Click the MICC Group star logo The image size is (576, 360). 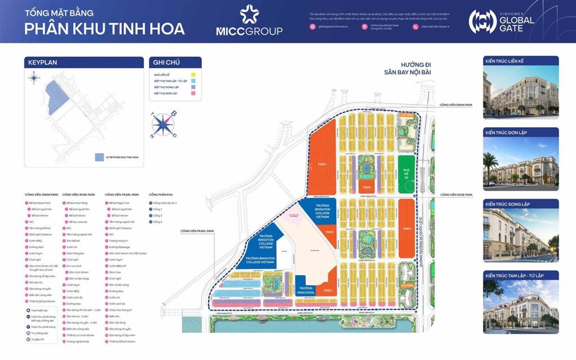(x=249, y=13)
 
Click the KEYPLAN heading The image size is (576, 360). (x=43, y=62)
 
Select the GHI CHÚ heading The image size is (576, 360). (x=164, y=62)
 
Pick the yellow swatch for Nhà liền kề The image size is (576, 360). (x=192, y=74)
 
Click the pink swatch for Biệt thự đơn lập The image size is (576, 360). (x=192, y=94)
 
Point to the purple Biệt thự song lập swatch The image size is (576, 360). (x=192, y=88)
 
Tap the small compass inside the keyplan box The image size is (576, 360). (x=34, y=78)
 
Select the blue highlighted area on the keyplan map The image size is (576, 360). (x=57, y=97)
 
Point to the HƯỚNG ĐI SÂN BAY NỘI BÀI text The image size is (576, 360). (x=408, y=69)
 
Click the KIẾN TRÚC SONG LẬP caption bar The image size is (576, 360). (x=520, y=204)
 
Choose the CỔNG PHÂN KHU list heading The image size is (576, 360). (x=160, y=195)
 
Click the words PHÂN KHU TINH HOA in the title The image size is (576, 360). (x=105, y=29)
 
